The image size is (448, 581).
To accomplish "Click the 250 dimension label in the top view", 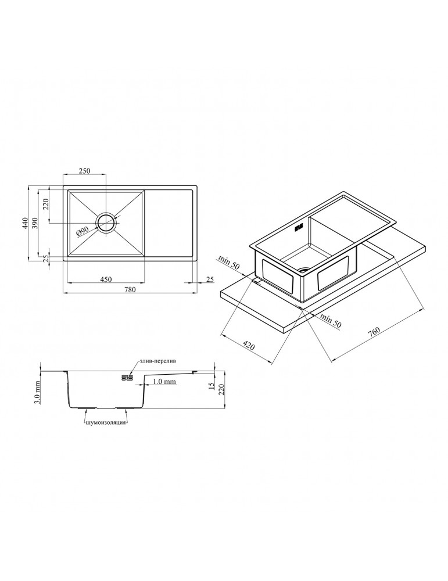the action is click(x=85, y=171).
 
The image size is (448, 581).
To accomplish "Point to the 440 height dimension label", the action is click(x=26, y=224).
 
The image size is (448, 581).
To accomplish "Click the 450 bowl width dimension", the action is click(x=106, y=279).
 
